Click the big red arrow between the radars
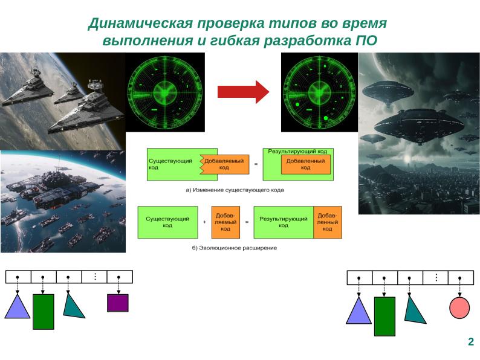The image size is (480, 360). pyautogui.click(x=242, y=91)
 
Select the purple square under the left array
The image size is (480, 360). pyautogui.click(x=117, y=302)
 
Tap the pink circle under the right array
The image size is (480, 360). pyautogui.click(x=459, y=308)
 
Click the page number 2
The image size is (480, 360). pyautogui.click(x=470, y=342)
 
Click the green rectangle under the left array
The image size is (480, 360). pyautogui.click(x=43, y=311)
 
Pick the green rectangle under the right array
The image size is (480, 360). pyautogui.click(x=384, y=316)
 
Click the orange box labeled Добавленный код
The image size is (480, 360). pyautogui.click(x=306, y=164)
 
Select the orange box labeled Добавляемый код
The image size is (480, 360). pyautogui.click(x=224, y=164)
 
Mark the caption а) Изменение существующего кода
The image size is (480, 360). pyautogui.click(x=234, y=190)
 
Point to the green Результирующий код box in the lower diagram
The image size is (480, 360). pyautogui.click(x=283, y=222)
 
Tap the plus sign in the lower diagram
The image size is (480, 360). pyautogui.click(x=205, y=222)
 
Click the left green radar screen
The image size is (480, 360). pyautogui.click(x=164, y=91)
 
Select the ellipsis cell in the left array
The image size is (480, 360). pyautogui.click(x=94, y=277)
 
